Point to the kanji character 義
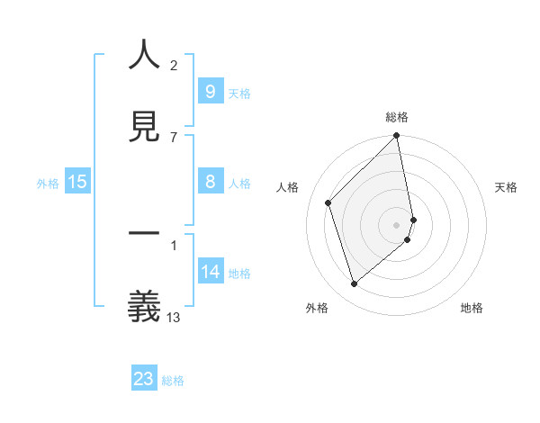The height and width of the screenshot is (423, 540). click(144, 307)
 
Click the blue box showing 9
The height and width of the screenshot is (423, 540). click(210, 92)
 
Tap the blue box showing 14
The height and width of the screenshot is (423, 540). click(210, 273)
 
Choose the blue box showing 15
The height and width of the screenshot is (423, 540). click(77, 183)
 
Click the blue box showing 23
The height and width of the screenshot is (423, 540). click(144, 379)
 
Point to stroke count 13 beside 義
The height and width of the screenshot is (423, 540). click(174, 317)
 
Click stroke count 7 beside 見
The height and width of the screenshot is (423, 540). click(174, 137)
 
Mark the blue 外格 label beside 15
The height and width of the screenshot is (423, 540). click(48, 184)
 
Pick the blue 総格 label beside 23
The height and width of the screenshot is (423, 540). click(173, 381)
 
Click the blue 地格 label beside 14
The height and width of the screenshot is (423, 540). click(239, 274)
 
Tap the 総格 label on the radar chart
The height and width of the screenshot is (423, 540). click(397, 117)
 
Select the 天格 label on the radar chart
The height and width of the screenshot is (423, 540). click(507, 187)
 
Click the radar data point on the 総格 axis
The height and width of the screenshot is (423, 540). click(397, 137)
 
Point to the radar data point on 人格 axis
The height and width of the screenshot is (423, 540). click(328, 202)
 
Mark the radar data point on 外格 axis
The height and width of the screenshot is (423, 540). click(355, 283)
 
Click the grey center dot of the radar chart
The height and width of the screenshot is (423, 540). click(397, 224)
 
